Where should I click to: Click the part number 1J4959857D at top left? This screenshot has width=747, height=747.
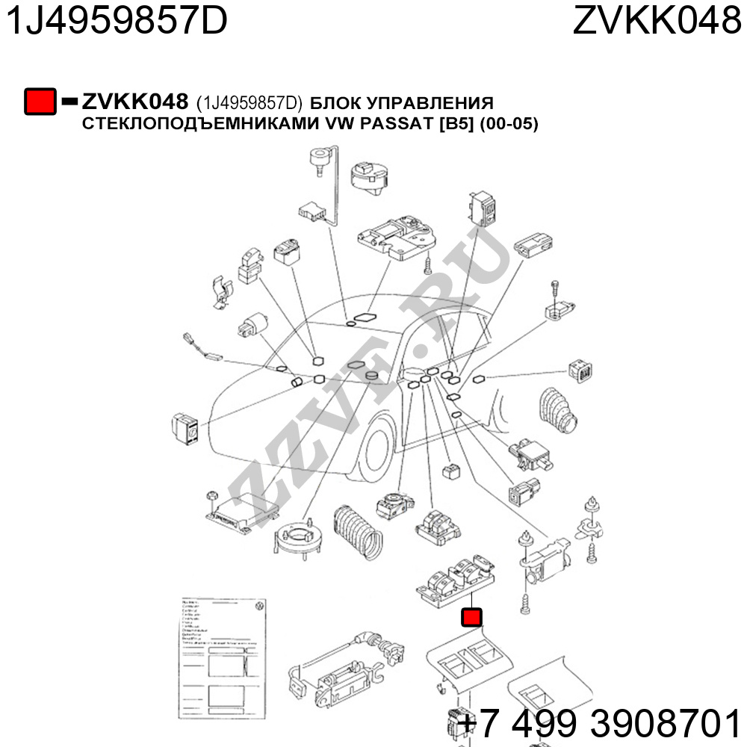116,22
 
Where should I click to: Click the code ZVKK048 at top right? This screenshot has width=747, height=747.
657,22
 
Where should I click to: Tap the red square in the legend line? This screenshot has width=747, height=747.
40,102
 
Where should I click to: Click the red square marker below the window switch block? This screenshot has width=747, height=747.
471,617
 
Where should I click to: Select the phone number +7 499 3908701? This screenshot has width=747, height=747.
598,723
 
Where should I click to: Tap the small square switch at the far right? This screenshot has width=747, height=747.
580,370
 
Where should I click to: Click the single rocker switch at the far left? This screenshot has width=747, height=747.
186,429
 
